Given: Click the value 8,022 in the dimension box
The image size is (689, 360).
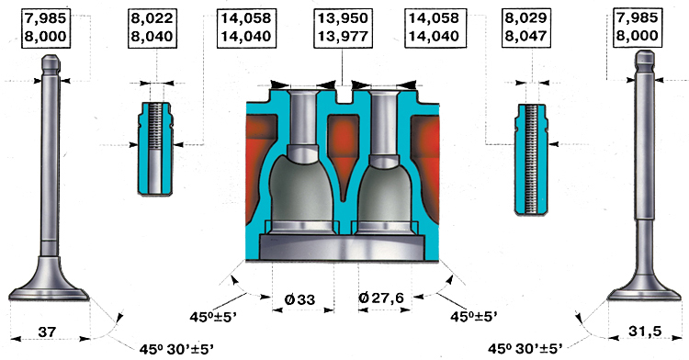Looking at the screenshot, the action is click(152, 18).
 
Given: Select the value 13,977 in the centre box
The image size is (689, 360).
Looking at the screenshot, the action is click(343, 36).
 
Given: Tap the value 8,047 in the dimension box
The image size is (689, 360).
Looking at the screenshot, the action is click(525, 36).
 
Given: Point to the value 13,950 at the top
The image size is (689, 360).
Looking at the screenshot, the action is click(343, 18).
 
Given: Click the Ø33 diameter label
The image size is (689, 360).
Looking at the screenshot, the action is click(299, 300).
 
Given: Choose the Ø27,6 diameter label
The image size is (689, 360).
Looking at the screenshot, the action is click(381, 298).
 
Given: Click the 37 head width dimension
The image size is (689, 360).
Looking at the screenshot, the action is click(47, 332).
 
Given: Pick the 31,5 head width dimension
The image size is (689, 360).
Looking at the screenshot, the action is click(645, 331).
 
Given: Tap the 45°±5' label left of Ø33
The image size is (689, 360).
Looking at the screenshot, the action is click(214, 317).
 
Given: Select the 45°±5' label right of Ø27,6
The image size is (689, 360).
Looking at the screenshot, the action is click(474, 317).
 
